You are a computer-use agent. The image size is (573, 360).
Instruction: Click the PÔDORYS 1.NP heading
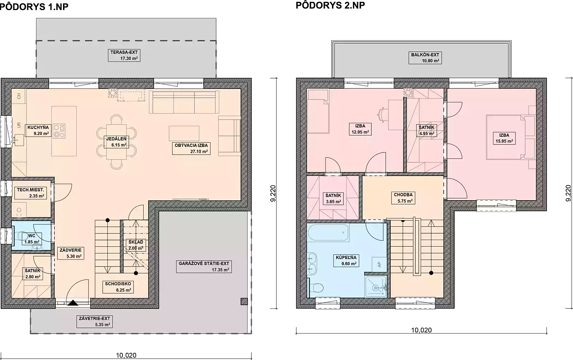point(34,7)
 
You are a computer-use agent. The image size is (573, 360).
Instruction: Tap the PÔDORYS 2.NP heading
point(330,5)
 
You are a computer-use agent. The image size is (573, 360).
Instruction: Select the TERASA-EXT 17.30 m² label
point(124,55)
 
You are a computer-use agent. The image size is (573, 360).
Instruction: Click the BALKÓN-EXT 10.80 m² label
point(425,58)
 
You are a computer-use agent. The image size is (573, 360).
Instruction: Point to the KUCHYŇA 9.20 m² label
point(38,130)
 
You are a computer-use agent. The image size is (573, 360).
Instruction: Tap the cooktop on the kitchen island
point(59,131)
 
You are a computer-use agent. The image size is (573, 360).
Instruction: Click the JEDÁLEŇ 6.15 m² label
point(116,142)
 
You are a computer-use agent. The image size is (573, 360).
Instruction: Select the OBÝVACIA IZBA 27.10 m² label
point(191,148)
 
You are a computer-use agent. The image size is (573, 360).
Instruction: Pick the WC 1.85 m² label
point(32,239)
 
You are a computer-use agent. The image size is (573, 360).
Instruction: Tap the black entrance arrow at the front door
point(73,303)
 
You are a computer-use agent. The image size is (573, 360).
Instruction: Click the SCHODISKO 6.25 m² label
point(118,287)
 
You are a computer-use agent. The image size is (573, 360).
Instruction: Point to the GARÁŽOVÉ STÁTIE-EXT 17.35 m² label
point(204,267)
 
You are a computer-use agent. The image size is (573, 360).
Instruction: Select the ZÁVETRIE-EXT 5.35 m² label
point(95,322)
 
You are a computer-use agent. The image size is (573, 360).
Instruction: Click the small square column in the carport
point(244,302)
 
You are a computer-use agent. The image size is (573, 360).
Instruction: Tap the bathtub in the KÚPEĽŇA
point(328,232)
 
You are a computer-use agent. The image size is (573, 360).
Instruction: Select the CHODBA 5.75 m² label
point(403,198)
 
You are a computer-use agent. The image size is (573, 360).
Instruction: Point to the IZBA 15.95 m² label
point(504,138)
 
